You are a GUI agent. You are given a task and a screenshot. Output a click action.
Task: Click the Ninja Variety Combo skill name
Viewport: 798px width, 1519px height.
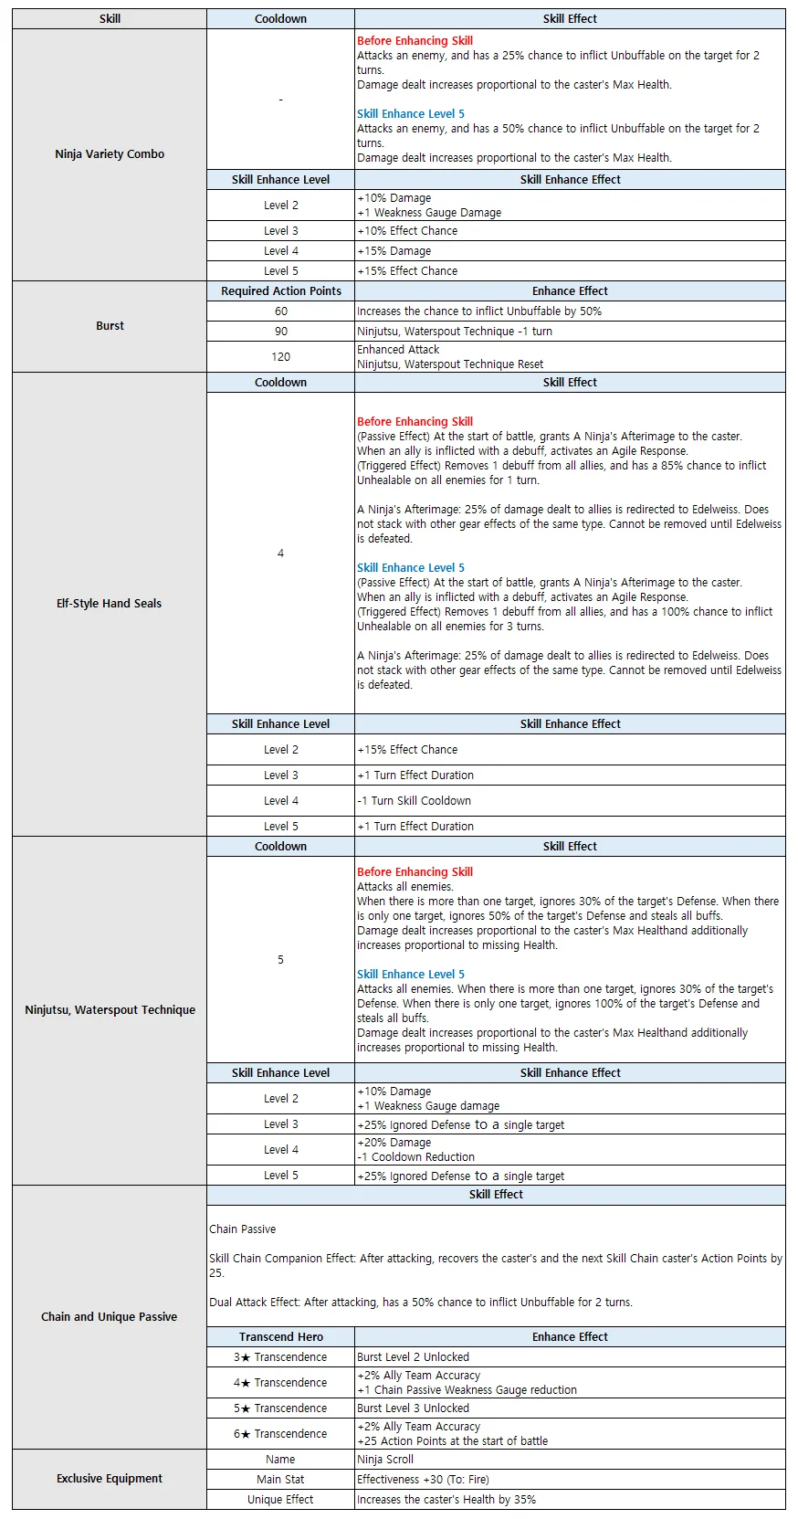[110, 154]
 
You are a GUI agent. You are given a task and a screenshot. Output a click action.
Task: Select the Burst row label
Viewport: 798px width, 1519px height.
[110, 326]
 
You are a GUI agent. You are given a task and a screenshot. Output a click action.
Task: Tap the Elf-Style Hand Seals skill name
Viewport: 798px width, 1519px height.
[110, 604]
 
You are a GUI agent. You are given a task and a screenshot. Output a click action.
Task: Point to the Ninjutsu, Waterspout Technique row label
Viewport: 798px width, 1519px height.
[110, 1010]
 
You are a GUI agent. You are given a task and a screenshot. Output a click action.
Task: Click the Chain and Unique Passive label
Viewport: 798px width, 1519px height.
[110, 1317]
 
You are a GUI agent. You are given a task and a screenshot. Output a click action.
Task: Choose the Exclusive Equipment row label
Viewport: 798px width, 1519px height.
[110, 1479]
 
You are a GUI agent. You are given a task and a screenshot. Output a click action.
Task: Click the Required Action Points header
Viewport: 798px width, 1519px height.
[280, 291]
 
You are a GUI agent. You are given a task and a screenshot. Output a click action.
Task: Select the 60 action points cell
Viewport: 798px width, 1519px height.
[280, 311]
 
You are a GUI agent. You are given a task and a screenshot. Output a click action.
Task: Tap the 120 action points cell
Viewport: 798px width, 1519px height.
[280, 357]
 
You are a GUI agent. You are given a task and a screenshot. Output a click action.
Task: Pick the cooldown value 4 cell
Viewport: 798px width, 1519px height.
[280, 554]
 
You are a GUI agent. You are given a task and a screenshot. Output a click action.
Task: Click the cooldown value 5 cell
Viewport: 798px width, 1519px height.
[280, 960]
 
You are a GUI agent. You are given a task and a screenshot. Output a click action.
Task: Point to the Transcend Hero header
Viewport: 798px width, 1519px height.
[280, 1337]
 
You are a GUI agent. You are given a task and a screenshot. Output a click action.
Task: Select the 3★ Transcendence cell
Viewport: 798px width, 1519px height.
[280, 1357]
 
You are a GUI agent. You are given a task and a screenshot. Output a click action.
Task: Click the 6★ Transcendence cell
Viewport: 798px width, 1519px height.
[280, 1434]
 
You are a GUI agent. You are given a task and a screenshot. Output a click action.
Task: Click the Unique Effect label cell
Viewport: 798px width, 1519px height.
[280, 1500]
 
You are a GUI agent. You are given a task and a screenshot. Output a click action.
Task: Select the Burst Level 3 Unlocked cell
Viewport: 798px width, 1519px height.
[413, 1408]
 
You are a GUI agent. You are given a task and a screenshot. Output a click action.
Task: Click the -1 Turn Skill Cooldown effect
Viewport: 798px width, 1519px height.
[415, 801]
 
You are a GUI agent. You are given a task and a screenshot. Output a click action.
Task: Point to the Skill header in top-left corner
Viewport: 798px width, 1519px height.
[110, 19]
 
